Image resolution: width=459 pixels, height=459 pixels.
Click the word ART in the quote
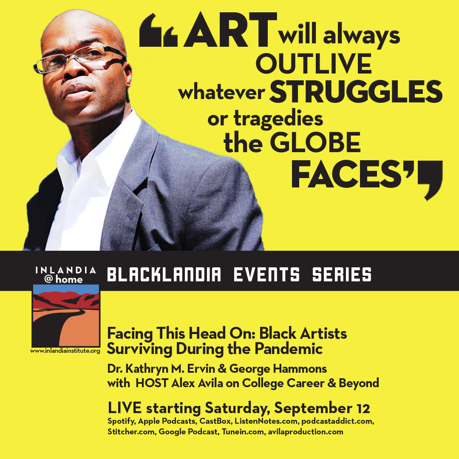click(230, 29)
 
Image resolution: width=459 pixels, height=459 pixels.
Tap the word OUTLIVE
click(314, 63)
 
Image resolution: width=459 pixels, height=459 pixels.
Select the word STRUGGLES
click(356, 91)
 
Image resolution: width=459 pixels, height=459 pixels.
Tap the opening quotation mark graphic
click(159, 30)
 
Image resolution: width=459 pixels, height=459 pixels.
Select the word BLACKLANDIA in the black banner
click(164, 275)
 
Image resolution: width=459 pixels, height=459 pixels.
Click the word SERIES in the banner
click(342, 275)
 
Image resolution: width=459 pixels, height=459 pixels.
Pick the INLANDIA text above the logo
click(65, 270)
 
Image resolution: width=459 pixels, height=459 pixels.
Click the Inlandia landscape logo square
click(66, 315)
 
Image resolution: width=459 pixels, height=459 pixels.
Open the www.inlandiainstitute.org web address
click(65, 351)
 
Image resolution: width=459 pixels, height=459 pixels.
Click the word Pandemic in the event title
click(288, 348)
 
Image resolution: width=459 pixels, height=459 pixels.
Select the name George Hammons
click(278, 369)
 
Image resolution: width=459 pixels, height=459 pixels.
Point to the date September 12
click(322, 408)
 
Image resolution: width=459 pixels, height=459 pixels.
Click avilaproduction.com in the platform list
click(306, 432)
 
